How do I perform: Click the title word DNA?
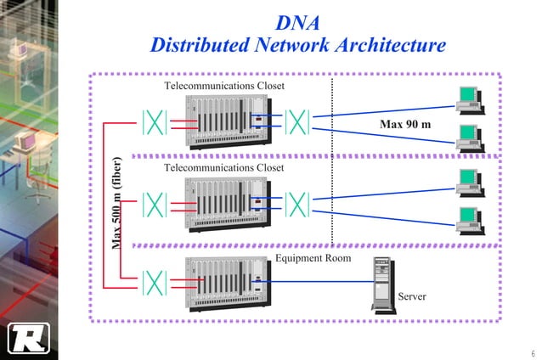[x=298, y=22]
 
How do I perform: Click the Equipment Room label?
[x=313, y=257]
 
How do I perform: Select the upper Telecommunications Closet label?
[x=223, y=87]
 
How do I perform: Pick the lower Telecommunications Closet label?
[x=223, y=168]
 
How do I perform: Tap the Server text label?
[x=412, y=296]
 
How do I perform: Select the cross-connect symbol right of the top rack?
[x=296, y=121]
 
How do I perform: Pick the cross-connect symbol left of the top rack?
[x=154, y=121]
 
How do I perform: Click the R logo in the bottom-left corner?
[x=26, y=337]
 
